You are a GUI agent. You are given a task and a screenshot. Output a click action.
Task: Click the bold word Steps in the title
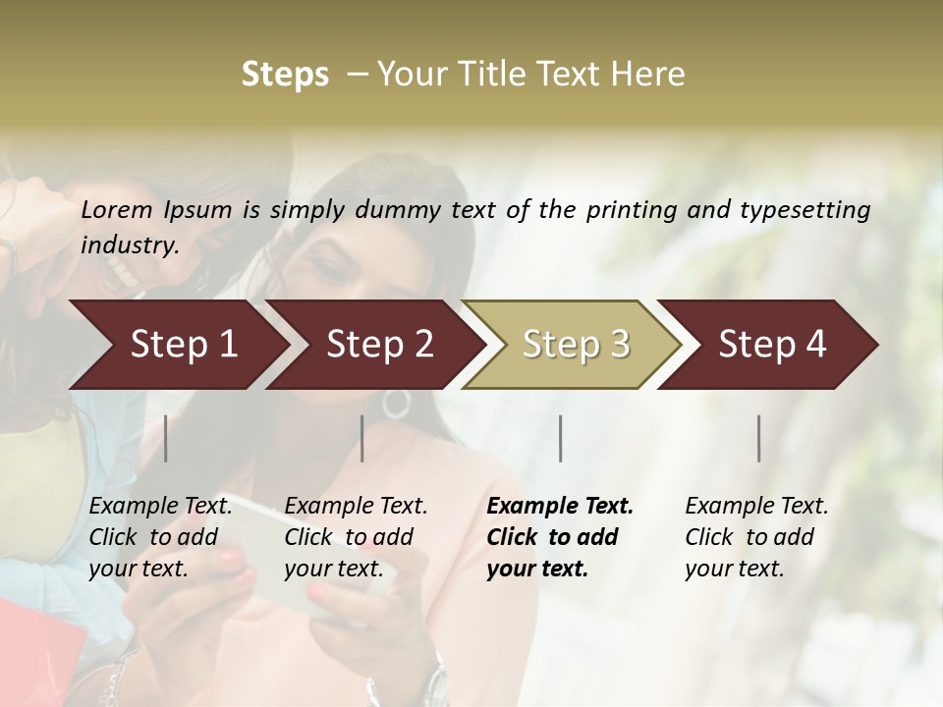[x=285, y=75]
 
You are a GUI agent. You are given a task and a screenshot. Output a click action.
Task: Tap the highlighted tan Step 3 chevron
[x=576, y=345]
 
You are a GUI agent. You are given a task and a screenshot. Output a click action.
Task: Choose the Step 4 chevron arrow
[x=772, y=345]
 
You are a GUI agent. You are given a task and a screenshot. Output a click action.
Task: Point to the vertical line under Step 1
[x=166, y=438]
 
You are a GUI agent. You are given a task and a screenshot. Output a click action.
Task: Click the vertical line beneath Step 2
[x=362, y=438]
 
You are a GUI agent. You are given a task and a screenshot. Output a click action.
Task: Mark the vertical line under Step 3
[x=561, y=438]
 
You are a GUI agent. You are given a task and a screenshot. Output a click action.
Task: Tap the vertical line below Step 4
[x=759, y=438]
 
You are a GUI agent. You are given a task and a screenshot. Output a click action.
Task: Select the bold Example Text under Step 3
[x=560, y=537]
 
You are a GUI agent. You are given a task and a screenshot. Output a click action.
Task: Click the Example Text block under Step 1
[x=160, y=537]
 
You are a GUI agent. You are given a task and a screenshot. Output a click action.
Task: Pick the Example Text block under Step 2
[x=356, y=537]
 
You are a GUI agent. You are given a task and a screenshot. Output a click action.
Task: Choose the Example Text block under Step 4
[x=756, y=537]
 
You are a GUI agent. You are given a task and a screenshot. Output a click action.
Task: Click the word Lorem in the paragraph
[x=117, y=209]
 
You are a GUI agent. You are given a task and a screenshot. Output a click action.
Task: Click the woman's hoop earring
[x=395, y=403]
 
